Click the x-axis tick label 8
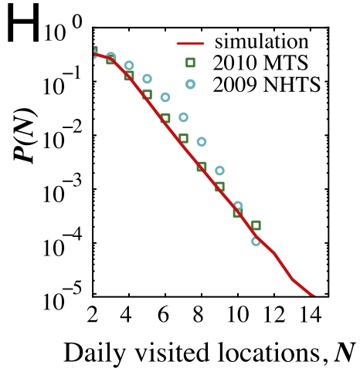pyautogui.click(x=201, y=315)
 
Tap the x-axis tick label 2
pyautogui.click(x=93, y=315)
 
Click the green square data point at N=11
pyautogui.click(x=256, y=225)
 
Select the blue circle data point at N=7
pyautogui.click(x=183, y=117)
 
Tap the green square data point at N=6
pyautogui.click(x=165, y=118)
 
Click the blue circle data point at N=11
pyautogui.click(x=256, y=241)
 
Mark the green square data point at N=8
pyautogui.click(x=202, y=166)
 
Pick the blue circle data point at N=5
pyautogui.click(x=147, y=79)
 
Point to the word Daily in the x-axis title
pyautogui.click(x=90, y=354)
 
